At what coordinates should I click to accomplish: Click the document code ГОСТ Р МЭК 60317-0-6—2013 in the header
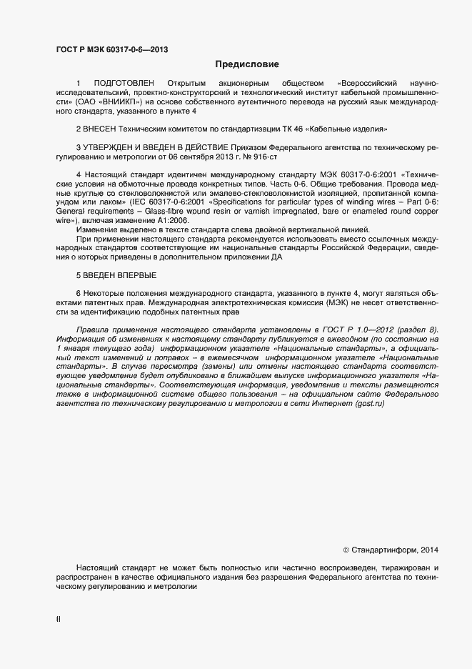[x=112, y=50]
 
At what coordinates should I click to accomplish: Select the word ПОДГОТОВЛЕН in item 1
[x=124, y=84]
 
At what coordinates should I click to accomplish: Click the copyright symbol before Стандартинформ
[x=346, y=550]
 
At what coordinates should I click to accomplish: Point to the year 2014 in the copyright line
[x=428, y=550]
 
